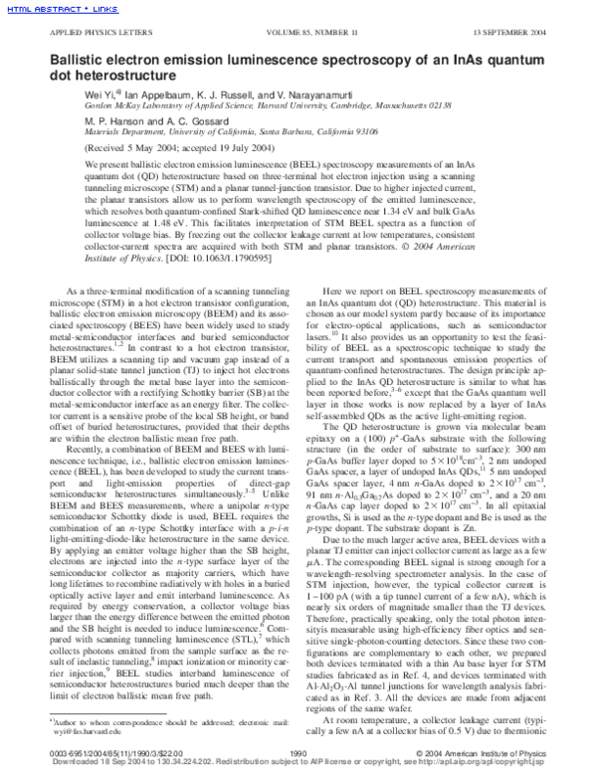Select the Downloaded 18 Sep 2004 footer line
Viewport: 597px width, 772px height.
tap(298, 764)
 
